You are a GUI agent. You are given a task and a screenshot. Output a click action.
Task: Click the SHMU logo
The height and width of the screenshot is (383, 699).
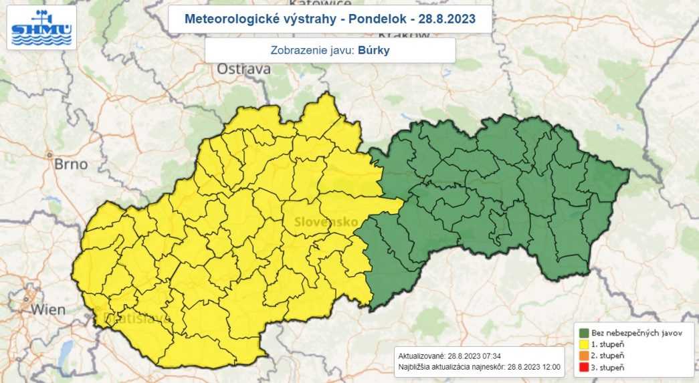coord(41,27)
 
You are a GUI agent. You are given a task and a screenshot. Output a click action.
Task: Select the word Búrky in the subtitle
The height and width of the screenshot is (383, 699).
coord(373,50)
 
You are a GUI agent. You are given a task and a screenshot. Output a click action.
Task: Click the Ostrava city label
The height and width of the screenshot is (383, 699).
coord(244,69)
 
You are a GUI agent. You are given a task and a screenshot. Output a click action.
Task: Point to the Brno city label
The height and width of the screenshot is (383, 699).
coord(70,164)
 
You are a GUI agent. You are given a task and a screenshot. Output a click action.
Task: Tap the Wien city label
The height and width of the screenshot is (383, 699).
coord(47,309)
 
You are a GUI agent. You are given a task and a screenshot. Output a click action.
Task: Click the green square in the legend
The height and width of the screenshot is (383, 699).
coord(584,333)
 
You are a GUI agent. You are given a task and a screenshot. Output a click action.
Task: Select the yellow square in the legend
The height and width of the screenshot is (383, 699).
coord(584,344)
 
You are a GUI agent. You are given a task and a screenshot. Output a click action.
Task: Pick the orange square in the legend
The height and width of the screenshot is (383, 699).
coord(584,356)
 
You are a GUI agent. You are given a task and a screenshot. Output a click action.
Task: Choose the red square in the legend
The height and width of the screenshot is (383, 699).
coord(584,367)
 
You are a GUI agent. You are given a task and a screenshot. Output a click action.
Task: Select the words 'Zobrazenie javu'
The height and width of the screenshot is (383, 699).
coord(312,50)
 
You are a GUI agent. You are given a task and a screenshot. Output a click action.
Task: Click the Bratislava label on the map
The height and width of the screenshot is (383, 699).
coord(130,320)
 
